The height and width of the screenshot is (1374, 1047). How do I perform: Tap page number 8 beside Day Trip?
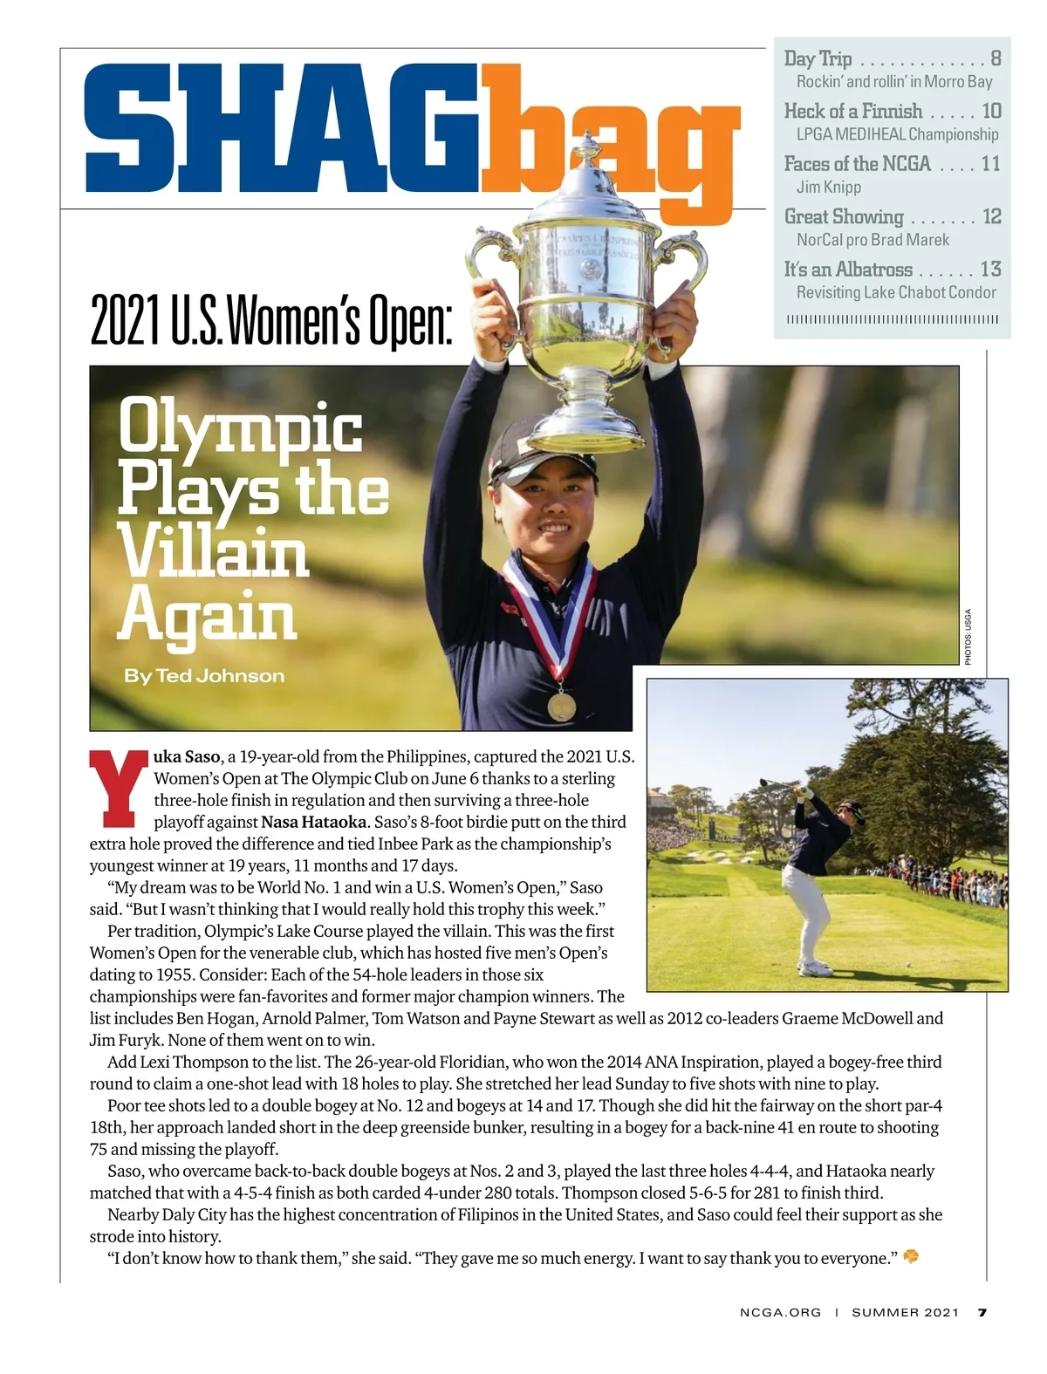click(x=995, y=59)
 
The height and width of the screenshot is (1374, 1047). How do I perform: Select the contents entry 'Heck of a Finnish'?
click(x=852, y=112)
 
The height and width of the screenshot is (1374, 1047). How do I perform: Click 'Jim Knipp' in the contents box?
click(x=828, y=187)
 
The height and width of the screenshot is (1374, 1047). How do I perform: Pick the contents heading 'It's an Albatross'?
click(x=847, y=270)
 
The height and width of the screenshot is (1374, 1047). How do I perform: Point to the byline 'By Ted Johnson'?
click(x=204, y=676)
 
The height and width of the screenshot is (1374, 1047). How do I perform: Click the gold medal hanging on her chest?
click(x=561, y=704)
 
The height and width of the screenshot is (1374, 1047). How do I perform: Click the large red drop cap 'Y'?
click(x=119, y=787)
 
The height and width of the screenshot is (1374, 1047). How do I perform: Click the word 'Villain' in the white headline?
click(x=214, y=553)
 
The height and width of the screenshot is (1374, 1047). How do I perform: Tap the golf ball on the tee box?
click(x=909, y=964)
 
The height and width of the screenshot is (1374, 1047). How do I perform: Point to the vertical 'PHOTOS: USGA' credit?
click(x=968, y=637)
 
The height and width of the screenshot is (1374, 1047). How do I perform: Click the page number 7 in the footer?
click(x=982, y=1312)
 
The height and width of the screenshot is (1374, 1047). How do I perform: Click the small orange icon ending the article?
click(x=911, y=1257)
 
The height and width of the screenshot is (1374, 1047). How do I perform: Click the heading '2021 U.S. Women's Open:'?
click(x=271, y=322)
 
